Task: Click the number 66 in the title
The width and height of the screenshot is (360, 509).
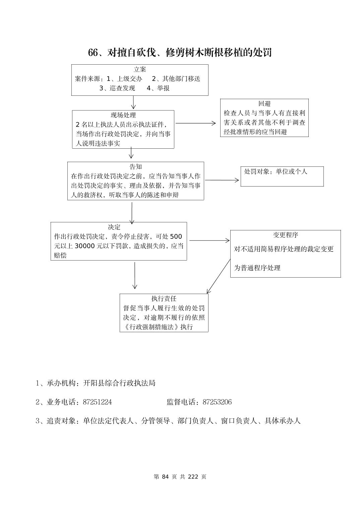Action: (93, 53)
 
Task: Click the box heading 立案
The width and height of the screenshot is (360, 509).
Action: (140, 70)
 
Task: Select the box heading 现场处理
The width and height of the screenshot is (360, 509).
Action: (123, 115)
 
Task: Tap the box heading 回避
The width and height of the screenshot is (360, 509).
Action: (264, 104)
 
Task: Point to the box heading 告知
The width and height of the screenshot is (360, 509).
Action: (136, 167)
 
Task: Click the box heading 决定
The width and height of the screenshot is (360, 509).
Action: (114, 227)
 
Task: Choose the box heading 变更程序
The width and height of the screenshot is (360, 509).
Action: (286, 235)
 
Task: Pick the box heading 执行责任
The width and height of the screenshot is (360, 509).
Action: (164, 299)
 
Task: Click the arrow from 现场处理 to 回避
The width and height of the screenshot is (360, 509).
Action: (196, 123)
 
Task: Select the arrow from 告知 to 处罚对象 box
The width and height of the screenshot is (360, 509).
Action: (222, 180)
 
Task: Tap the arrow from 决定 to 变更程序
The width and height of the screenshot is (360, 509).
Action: (209, 240)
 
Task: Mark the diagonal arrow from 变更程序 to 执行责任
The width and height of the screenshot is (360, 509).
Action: (219, 276)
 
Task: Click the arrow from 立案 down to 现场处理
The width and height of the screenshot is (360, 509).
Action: (133, 102)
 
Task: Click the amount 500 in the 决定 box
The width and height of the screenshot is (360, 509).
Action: (176, 237)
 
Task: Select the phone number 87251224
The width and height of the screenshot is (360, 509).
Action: (97, 402)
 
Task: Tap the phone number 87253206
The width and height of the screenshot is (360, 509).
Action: (217, 402)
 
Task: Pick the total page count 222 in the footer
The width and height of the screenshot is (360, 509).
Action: (193, 477)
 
